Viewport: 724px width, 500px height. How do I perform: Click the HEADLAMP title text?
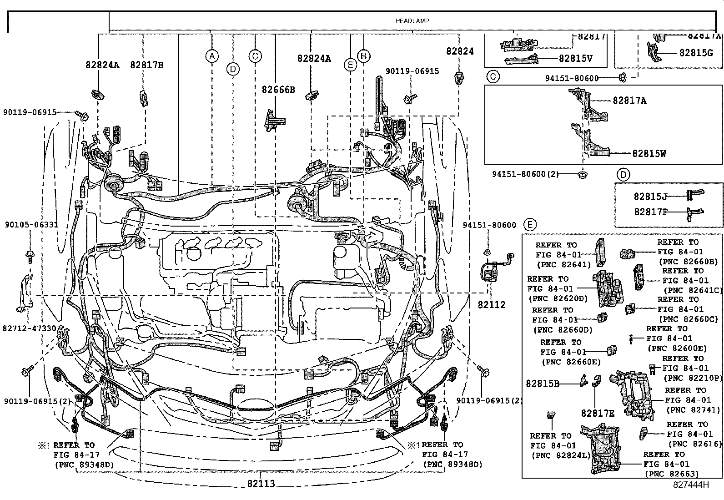(412, 21)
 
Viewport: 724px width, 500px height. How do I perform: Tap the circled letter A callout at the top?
(211, 56)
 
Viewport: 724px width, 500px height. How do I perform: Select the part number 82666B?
(278, 90)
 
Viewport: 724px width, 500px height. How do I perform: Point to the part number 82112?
(491, 305)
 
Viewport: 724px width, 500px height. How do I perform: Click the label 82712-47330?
(29, 328)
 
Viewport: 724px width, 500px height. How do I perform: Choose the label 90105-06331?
(31, 225)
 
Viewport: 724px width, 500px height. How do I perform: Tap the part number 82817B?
(146, 65)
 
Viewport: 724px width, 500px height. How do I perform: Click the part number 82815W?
(649, 154)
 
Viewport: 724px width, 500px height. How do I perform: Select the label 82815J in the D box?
(650, 197)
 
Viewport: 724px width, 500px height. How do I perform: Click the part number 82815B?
(543, 384)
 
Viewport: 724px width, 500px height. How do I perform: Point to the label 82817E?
(598, 413)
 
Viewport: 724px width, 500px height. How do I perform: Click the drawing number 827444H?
(691, 485)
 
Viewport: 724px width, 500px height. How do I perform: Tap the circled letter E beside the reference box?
(530, 224)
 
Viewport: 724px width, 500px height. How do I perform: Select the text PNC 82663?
(672, 474)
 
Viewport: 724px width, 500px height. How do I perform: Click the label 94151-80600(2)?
(525, 174)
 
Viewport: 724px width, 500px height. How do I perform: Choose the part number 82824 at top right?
(460, 51)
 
